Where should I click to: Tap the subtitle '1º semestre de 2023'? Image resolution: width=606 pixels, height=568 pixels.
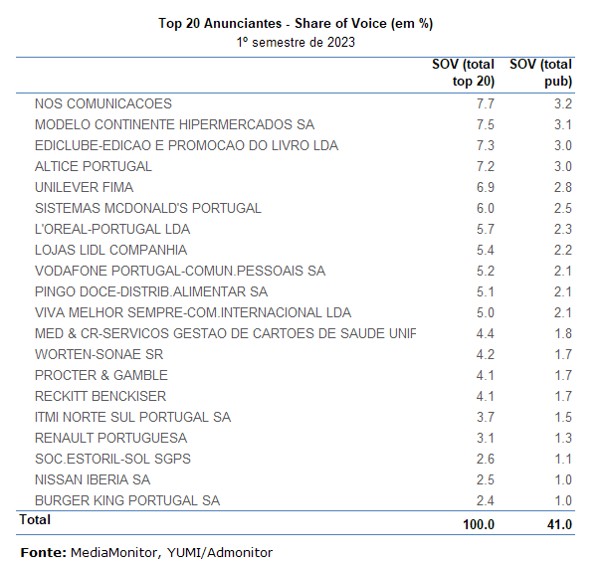click(296, 42)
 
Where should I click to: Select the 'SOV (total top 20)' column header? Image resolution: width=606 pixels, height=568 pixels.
click(463, 73)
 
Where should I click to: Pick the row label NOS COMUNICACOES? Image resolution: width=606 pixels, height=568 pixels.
click(103, 103)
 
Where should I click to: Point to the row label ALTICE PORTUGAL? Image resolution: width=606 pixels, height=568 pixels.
click(94, 166)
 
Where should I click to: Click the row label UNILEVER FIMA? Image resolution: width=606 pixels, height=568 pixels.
click(84, 187)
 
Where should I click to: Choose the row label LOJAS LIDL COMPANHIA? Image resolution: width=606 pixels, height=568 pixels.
click(110, 250)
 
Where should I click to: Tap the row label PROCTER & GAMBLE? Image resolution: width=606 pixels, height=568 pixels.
click(101, 375)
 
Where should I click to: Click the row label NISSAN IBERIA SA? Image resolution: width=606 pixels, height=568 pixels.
click(92, 479)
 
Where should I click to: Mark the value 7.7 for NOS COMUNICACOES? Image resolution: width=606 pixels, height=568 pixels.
click(485, 103)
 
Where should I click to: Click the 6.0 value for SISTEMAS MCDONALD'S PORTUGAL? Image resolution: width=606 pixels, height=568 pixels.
click(485, 208)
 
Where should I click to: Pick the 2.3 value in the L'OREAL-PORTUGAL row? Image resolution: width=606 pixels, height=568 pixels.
click(562, 229)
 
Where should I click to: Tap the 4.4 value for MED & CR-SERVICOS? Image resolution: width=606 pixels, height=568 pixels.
click(485, 333)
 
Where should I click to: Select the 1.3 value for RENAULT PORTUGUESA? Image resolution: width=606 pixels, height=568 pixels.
click(562, 438)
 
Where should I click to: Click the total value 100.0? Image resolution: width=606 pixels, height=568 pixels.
click(478, 524)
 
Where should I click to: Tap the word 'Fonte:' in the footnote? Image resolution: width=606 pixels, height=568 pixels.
click(43, 552)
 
